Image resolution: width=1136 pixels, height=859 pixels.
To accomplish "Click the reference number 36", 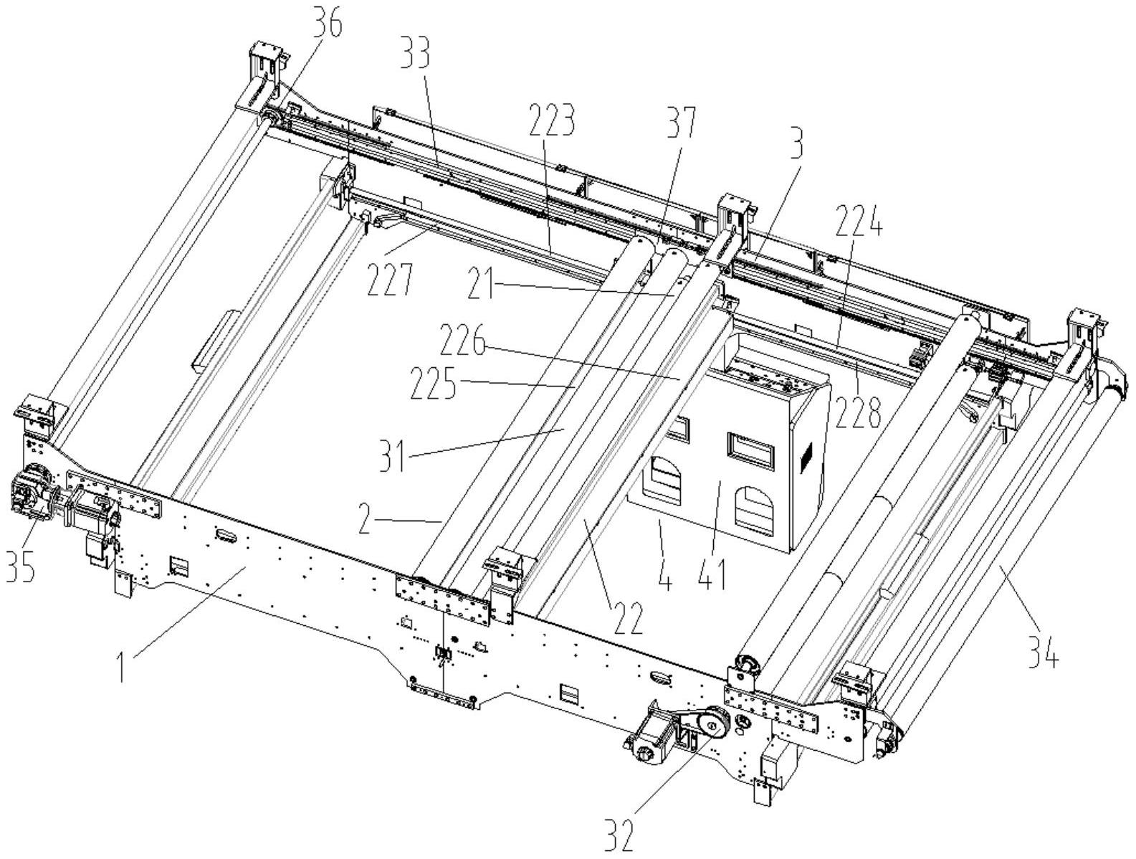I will click(x=326, y=25).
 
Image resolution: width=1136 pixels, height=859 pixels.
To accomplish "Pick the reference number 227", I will click(x=390, y=280).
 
